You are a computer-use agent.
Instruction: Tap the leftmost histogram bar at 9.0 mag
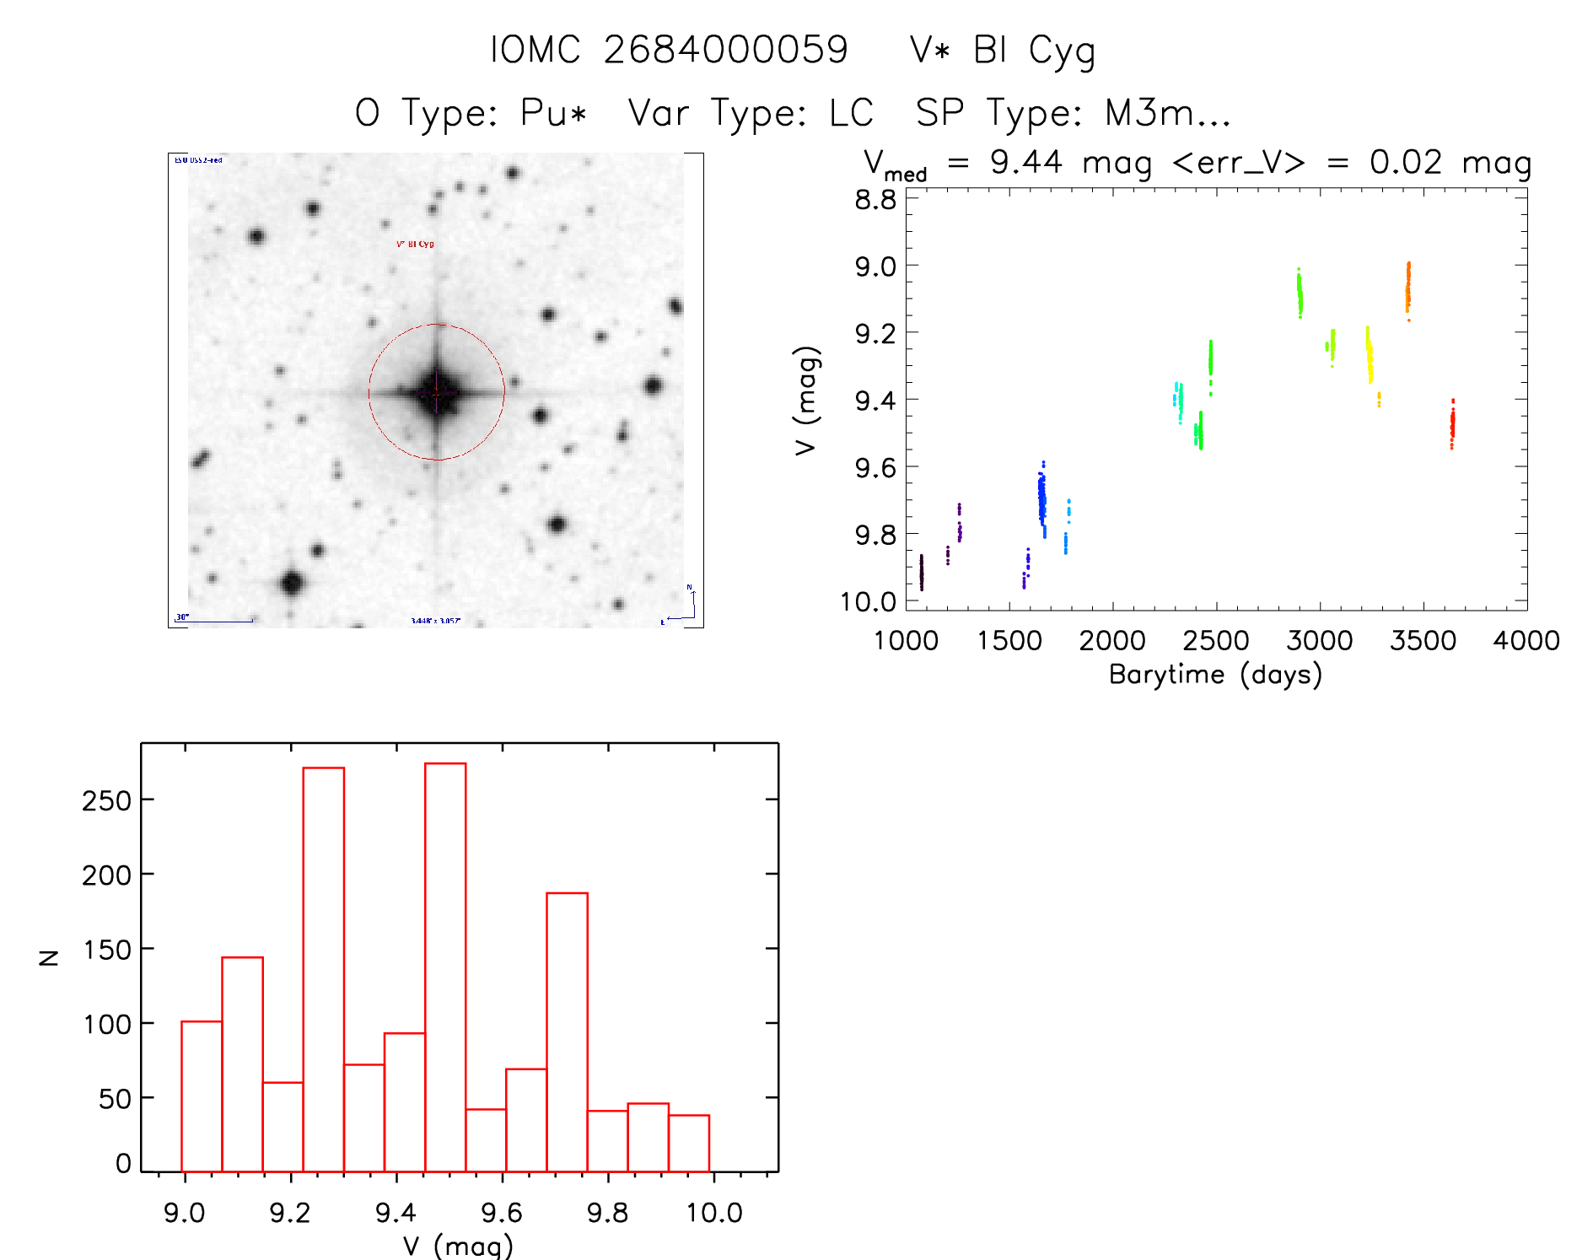coord(202,1096)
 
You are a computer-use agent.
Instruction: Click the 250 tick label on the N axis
coord(106,800)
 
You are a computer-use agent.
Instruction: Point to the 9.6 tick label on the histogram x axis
coord(502,1213)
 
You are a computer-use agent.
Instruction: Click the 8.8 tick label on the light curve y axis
coord(875,200)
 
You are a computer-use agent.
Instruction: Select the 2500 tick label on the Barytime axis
coord(1216,641)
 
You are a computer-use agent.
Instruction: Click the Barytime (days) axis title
coord(1215,675)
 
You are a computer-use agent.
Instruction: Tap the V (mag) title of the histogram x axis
coord(458,1246)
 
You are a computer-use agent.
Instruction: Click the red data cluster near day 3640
coord(1452,425)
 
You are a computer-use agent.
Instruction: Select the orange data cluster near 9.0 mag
coord(1407,288)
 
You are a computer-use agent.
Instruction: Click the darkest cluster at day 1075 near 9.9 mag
coord(921,572)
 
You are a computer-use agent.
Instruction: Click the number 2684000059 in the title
coord(725,50)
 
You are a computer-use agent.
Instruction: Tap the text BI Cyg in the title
coord(1034,51)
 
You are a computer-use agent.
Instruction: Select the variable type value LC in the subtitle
coord(851,113)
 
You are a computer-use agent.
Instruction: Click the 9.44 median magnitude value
coord(1025,162)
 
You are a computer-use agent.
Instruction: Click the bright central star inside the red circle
coord(437,392)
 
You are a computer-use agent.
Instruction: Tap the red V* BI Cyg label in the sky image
coord(415,244)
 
